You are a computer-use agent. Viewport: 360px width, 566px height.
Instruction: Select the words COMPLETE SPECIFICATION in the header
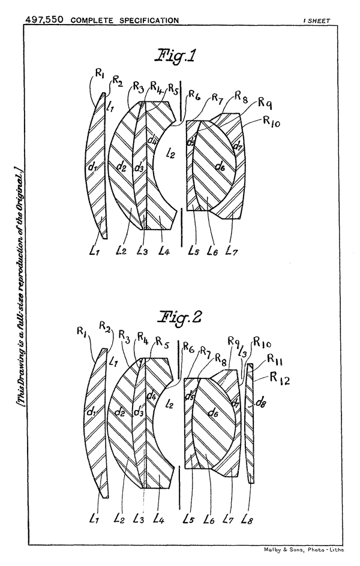[x=125, y=20]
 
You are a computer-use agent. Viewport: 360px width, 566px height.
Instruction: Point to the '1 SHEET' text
[x=316, y=20]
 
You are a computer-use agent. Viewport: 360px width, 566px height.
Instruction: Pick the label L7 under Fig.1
[x=232, y=251]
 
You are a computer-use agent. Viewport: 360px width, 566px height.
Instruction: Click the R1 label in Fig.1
[x=99, y=74]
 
